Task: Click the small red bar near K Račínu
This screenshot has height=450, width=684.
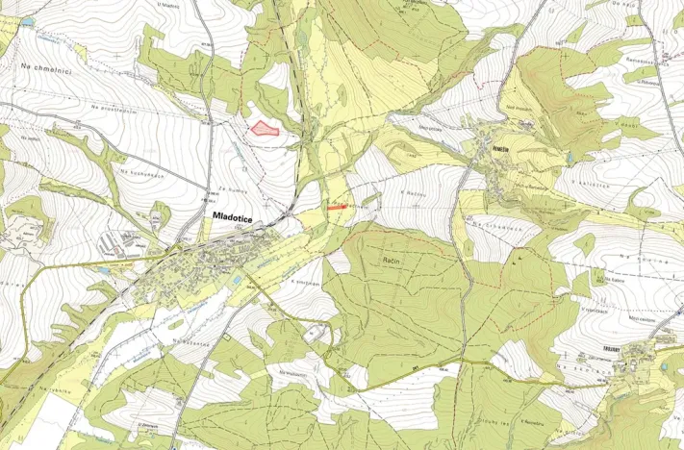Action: pos(336,205)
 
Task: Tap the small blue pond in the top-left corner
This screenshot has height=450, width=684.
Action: pos(27,19)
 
